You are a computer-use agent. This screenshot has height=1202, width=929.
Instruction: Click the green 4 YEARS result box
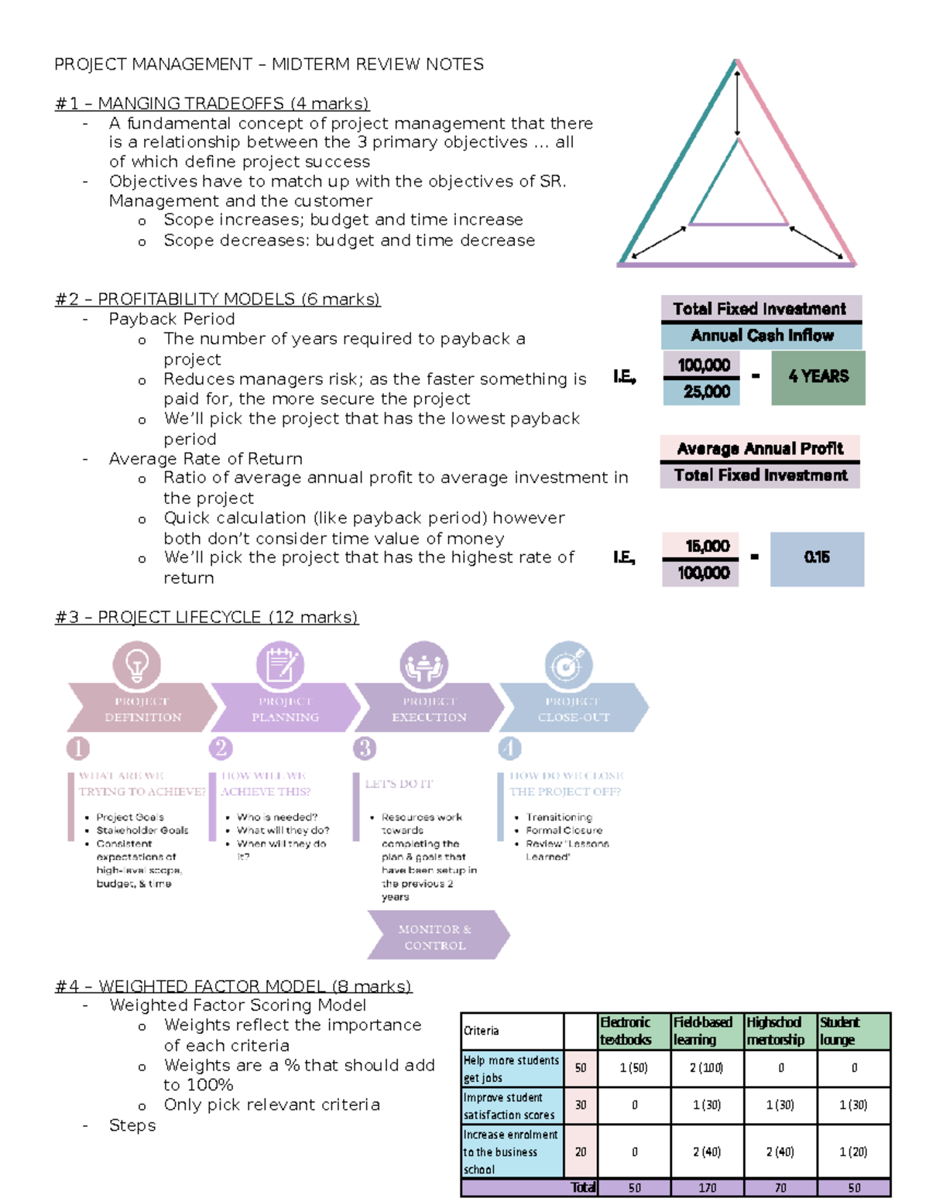click(x=818, y=377)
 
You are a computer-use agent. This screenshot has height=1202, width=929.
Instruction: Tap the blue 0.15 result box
click(x=817, y=558)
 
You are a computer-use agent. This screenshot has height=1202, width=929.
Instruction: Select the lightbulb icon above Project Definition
click(x=137, y=665)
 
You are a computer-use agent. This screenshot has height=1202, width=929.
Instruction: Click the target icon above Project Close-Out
click(x=567, y=665)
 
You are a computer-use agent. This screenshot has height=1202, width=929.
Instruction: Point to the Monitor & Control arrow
click(x=437, y=936)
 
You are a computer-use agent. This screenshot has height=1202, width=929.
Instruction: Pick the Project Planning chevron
click(x=285, y=708)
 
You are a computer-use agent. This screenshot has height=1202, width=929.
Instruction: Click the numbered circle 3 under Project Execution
click(x=365, y=748)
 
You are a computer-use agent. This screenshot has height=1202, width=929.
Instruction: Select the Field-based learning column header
click(x=706, y=1031)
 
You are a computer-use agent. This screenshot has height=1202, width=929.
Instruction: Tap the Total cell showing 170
click(x=707, y=1187)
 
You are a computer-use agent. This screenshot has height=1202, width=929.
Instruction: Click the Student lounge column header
click(x=853, y=1031)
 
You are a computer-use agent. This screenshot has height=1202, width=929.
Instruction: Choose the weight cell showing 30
click(x=581, y=1105)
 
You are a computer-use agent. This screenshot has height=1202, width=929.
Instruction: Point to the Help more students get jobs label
click(x=512, y=1068)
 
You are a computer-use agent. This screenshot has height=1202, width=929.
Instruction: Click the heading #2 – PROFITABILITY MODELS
click(x=218, y=300)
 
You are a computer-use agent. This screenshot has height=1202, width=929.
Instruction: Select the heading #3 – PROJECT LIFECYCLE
click(x=207, y=618)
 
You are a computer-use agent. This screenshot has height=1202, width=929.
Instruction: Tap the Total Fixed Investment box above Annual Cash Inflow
click(x=760, y=309)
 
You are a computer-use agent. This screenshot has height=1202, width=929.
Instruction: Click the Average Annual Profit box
click(x=759, y=449)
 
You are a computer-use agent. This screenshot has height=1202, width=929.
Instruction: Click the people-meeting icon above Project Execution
click(x=423, y=665)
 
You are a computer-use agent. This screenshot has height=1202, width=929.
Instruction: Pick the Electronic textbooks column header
click(x=633, y=1031)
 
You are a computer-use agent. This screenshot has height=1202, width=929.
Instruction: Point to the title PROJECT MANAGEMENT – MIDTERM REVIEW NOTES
click(x=269, y=64)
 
